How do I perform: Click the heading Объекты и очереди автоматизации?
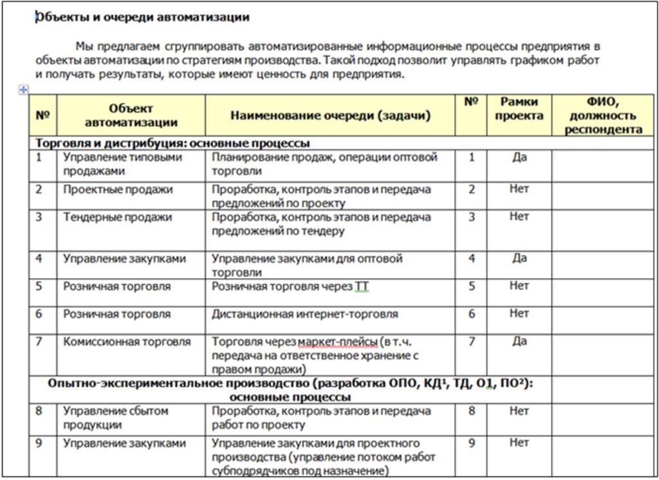tap(142, 17)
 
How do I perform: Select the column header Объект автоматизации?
tap(131, 115)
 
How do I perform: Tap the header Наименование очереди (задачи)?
tap(330, 116)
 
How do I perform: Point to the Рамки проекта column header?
tap(519, 109)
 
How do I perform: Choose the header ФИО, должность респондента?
tap(603, 116)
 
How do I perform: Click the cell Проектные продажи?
tap(118, 190)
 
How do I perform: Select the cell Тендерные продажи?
tap(117, 217)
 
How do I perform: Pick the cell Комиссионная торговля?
tap(127, 342)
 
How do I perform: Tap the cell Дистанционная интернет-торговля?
tap(305, 315)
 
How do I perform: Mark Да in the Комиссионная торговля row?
tap(519, 341)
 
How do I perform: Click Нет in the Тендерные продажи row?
tap(519, 217)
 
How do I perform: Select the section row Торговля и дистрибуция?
tap(173, 143)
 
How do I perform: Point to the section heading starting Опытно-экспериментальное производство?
tap(292, 390)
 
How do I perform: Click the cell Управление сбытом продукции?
tap(115, 418)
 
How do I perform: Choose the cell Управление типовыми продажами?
tap(122, 164)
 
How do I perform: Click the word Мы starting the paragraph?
tap(84, 47)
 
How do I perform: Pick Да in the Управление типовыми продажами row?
tap(519, 157)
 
